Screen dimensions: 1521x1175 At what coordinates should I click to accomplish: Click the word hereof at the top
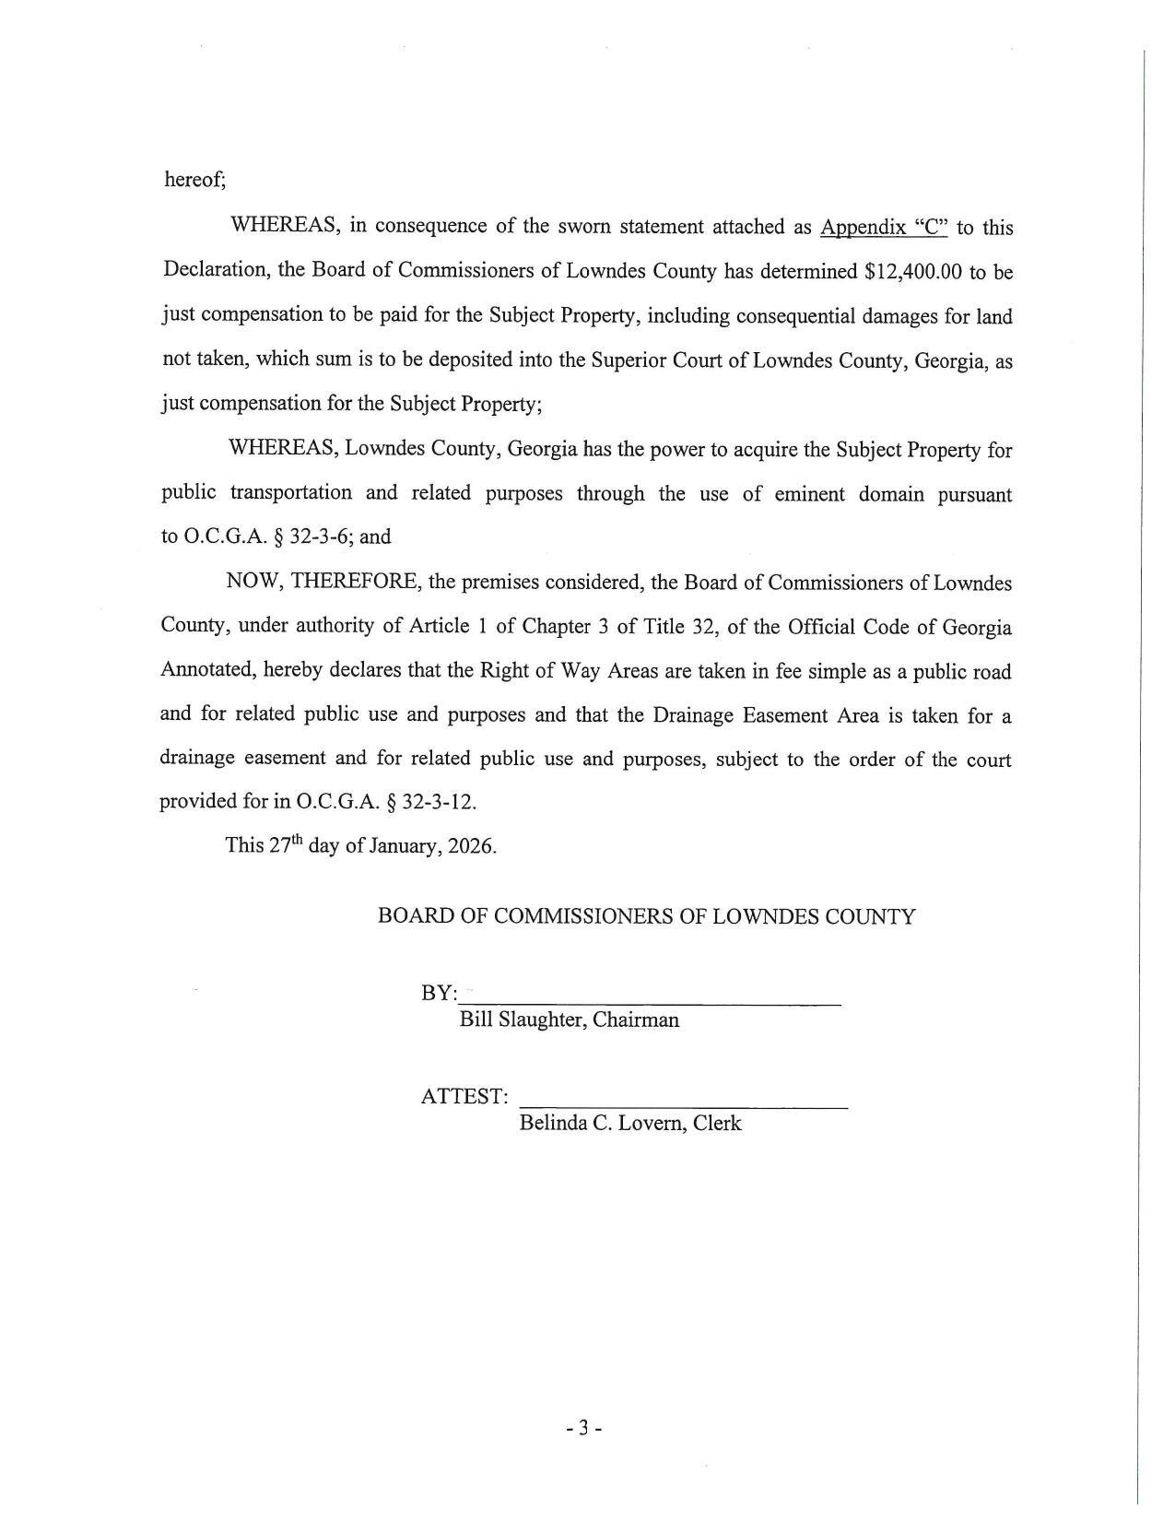tap(194, 180)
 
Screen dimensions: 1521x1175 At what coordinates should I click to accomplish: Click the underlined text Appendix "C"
tap(883, 228)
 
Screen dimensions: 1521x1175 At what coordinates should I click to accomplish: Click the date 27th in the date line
tap(286, 845)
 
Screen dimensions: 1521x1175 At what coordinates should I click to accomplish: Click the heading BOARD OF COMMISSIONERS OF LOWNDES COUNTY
tap(646, 916)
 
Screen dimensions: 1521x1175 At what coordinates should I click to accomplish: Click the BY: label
tap(439, 994)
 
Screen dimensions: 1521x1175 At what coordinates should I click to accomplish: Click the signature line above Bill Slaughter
tap(651, 1003)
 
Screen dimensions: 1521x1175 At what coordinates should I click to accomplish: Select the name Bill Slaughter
tap(519, 1020)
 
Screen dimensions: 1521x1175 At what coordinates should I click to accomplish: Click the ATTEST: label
tap(464, 1097)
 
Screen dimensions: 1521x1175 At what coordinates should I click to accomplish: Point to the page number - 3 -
tap(584, 1429)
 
